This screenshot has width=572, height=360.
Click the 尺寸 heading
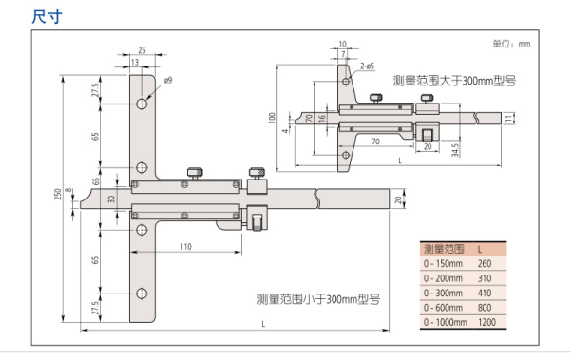(x=47, y=17)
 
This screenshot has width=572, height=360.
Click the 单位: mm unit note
(x=511, y=44)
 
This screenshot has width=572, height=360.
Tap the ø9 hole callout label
(x=168, y=80)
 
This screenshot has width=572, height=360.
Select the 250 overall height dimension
(x=58, y=194)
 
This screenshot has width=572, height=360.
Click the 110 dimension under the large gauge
(x=185, y=247)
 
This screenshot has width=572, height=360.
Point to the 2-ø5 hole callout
(x=368, y=66)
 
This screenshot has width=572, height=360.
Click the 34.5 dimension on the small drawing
(x=455, y=150)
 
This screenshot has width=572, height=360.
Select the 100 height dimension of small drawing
(x=272, y=118)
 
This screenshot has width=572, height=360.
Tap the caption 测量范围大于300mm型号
(x=454, y=81)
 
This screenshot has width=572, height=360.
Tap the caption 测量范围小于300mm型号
(x=318, y=299)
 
